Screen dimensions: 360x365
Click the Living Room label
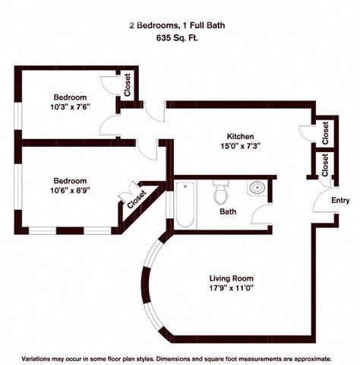[x=231, y=278]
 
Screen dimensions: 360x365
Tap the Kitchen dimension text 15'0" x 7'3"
[x=241, y=146]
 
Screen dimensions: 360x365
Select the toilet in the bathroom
[x=220, y=192]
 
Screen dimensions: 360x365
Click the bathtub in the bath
[x=185, y=204]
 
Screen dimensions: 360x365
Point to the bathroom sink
[x=257, y=188]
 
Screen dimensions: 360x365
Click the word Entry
[x=340, y=201]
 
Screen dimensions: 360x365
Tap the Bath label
[x=228, y=211]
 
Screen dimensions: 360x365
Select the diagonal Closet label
[x=137, y=199]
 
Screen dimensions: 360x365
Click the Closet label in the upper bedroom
[x=128, y=85]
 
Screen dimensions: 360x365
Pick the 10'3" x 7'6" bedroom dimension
[x=70, y=107]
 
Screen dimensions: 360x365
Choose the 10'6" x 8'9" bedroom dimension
[x=70, y=190]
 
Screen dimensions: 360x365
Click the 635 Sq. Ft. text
[x=177, y=38]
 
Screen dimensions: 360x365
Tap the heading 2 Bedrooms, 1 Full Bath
[x=177, y=25]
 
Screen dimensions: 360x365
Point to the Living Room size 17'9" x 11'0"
[x=232, y=288]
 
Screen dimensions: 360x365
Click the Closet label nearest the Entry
[x=325, y=165]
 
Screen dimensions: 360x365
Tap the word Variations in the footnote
[x=36, y=359]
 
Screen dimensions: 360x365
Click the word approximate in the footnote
[x=313, y=359]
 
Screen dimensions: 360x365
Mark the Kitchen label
[x=241, y=136]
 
